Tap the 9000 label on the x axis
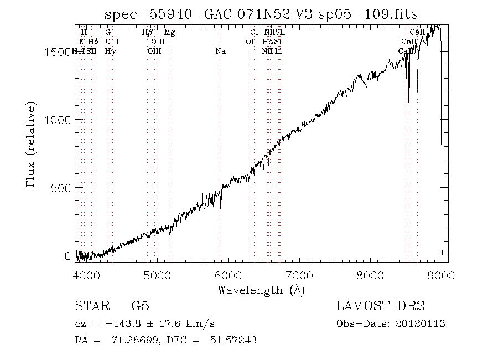[442, 275]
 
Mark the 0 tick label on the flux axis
[69, 256]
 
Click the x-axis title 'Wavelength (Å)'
[261, 290]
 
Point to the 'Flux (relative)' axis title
[32, 143]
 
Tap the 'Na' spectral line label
[220, 52]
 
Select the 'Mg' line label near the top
[170, 33]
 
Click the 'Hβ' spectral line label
[147, 33]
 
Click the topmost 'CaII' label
[417, 33]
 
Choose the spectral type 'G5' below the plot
[140, 306]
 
